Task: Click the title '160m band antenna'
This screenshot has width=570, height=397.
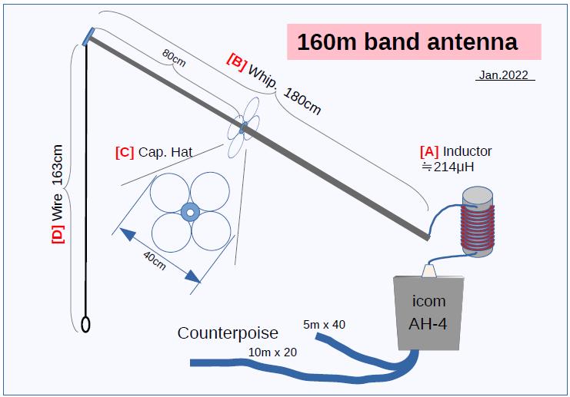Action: point(407,41)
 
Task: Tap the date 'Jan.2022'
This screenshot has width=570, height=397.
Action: point(504,75)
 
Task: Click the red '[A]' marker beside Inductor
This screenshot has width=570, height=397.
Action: point(429,151)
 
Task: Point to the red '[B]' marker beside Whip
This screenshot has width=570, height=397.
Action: point(236,60)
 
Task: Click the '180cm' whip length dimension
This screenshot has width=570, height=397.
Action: point(302,101)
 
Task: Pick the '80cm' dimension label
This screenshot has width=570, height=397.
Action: point(174,58)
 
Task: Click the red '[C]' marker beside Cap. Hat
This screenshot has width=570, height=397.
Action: point(124,152)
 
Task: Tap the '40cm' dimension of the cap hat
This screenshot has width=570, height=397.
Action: point(155,259)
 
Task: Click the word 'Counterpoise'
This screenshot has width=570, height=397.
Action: point(228,332)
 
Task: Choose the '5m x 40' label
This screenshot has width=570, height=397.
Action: point(324,324)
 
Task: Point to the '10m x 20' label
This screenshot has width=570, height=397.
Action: point(273,352)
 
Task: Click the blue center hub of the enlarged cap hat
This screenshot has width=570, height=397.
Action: point(189,210)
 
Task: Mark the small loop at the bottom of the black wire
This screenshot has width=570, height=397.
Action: point(87,325)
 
